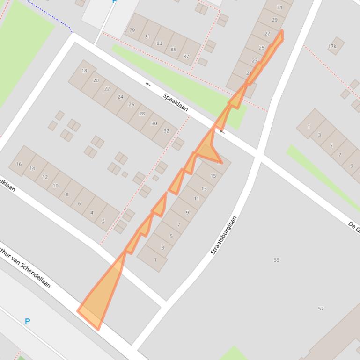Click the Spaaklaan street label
point(176,102)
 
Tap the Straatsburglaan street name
point(224,235)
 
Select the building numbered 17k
point(332,46)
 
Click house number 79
point(132,30)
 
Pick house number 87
point(186,56)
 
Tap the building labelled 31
point(280,7)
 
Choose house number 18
point(84,71)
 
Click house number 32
point(166,131)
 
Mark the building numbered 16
point(19,164)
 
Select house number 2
point(103,221)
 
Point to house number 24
point(120,97)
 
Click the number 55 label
point(276,260)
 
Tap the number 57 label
point(321,309)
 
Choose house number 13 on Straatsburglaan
point(204,188)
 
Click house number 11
point(196,198)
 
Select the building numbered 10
point(55,186)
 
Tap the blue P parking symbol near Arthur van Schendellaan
point(27,321)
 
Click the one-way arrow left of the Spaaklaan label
point(148,84)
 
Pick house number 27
point(267,34)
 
